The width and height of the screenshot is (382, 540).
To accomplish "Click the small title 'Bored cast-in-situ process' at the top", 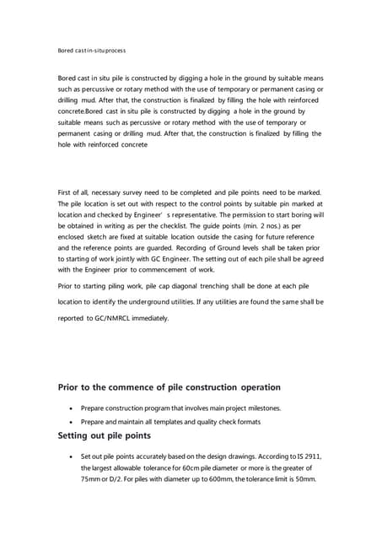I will coord(91,51).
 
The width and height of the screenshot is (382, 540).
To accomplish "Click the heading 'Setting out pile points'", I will coord(105,436).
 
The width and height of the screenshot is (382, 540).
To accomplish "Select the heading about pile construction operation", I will coord(169,387).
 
